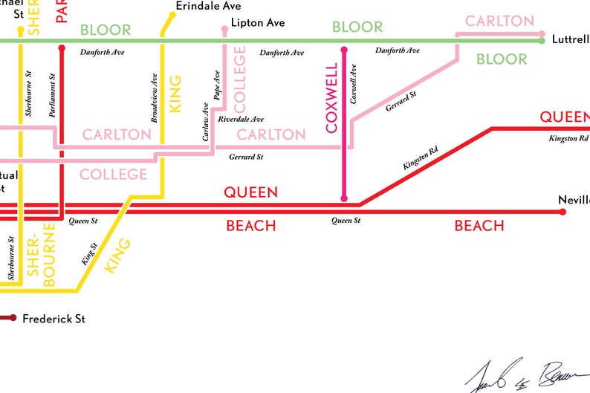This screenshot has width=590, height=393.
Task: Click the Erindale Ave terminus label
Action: pos(209,6)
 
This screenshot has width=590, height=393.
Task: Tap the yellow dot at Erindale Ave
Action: pos(173,14)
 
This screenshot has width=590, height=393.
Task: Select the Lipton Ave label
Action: pos(258,23)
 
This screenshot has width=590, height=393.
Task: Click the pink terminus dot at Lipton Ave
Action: pos(224,30)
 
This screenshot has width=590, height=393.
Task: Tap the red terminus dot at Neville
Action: pos(563,212)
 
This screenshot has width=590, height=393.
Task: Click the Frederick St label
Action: pos(54,319)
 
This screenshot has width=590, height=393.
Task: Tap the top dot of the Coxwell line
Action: pos(343,51)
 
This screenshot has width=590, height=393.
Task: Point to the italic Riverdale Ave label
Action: pos(241,119)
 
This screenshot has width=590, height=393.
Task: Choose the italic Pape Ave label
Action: pos(217,87)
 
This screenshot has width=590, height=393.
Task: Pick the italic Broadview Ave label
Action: pos(155,98)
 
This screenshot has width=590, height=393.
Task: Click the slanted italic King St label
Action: pos(88,254)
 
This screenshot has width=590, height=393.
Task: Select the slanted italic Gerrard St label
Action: pos(401,103)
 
